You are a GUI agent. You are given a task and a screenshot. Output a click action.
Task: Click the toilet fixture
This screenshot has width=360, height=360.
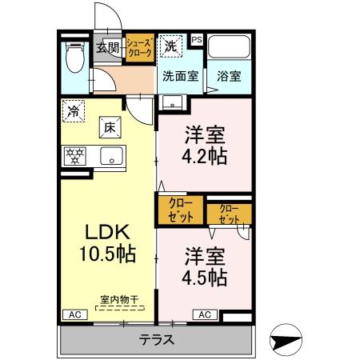(x=75, y=57)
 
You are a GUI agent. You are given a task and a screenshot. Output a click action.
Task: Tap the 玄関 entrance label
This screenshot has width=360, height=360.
(x=108, y=48)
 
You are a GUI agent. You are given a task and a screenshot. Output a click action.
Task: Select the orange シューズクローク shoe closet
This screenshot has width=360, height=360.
(x=140, y=48)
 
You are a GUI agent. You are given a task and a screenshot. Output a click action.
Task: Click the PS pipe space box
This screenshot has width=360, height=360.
(x=197, y=40)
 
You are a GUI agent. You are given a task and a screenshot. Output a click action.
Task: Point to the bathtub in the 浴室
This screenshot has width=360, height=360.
(x=229, y=47)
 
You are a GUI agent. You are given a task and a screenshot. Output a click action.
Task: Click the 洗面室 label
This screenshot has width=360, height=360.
(x=181, y=77)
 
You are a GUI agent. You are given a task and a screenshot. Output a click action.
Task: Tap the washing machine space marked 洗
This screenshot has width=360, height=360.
(x=171, y=46)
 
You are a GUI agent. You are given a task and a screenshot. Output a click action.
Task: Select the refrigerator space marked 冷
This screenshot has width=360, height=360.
(x=74, y=111)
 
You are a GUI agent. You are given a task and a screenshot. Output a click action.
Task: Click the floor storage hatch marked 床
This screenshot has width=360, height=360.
(x=110, y=127)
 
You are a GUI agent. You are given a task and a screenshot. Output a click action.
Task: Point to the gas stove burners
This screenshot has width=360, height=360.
(x=75, y=156)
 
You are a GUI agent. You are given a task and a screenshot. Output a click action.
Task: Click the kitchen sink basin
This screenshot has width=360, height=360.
(x=112, y=156)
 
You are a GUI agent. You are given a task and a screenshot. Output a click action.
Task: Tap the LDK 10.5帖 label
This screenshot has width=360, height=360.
(x=108, y=242)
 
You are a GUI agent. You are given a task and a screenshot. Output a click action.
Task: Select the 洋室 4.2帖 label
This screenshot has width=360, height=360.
(x=205, y=145)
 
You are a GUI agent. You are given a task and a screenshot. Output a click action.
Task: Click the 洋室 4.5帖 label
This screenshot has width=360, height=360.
(x=205, y=266)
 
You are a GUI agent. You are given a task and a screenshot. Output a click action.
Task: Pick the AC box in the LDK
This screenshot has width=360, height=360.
(x=75, y=314)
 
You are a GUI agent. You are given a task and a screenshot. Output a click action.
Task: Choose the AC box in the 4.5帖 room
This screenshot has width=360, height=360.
(x=205, y=314)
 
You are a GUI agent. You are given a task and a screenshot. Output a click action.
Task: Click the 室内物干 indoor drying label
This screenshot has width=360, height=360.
(x=119, y=300)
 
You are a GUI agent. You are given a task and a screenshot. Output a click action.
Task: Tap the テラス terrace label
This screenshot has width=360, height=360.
(x=157, y=340)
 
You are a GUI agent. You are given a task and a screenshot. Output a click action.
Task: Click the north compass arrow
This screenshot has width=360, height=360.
(x=286, y=339)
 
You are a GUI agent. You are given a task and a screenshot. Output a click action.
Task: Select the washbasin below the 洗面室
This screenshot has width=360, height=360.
(x=173, y=102)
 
